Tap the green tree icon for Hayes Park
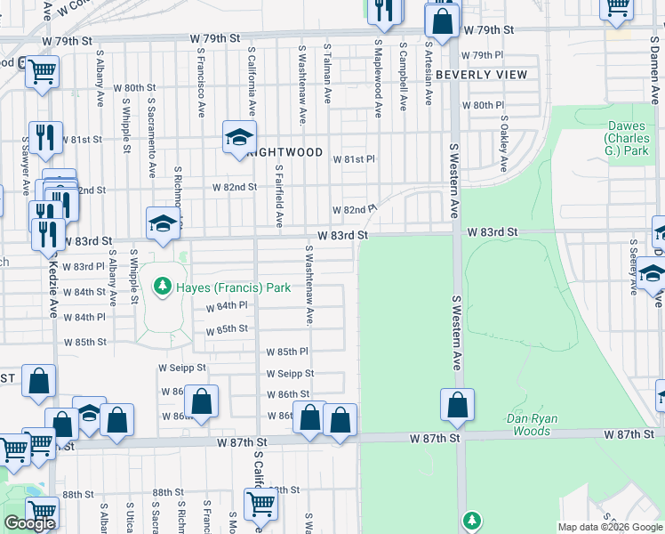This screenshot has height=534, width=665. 162,287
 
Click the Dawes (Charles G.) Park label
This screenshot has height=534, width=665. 627,139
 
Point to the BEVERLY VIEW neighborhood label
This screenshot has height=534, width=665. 482,75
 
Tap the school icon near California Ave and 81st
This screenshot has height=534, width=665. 238,137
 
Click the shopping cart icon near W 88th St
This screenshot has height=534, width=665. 261,504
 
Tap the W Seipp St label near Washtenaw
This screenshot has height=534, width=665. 290,374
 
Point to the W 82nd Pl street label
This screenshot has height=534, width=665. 354,210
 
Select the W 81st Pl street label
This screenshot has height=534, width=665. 354,159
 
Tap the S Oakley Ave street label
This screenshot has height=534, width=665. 503,143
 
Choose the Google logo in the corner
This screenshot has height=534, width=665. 29,523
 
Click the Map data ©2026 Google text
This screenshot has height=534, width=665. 609,527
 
